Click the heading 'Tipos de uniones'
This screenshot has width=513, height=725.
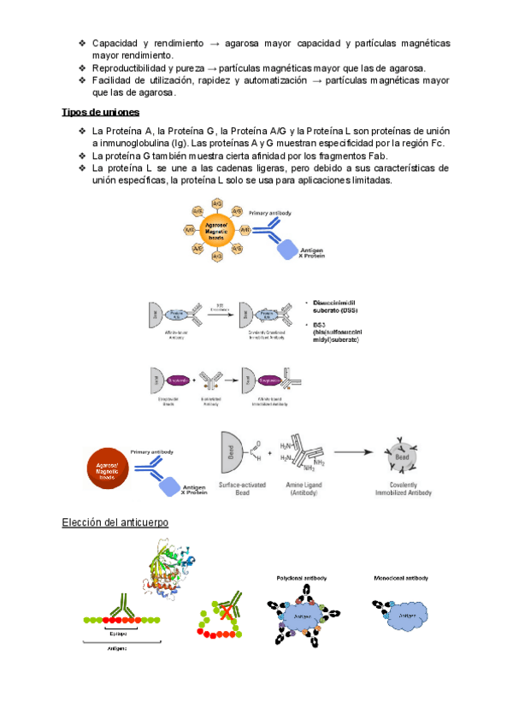point(101,112)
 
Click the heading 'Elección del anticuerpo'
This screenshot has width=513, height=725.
point(115,522)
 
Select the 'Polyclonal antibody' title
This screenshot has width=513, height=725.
point(302,579)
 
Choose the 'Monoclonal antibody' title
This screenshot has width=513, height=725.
point(400,579)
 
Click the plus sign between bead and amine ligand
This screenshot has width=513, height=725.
point(269,451)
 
